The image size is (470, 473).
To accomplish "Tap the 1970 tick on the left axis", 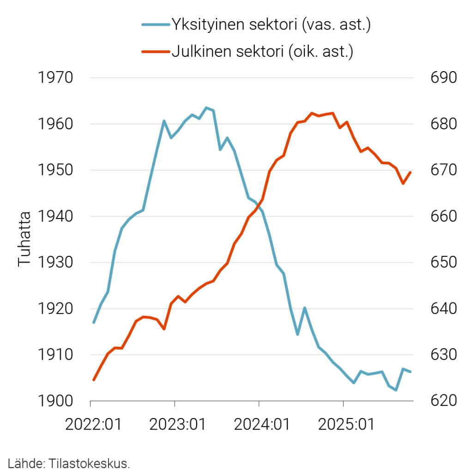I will pos(55,78).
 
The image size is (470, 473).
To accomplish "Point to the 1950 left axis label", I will pos(55,170).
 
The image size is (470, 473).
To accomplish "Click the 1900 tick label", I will pos(55,401).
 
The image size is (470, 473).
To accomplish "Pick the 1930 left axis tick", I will pos(55,262).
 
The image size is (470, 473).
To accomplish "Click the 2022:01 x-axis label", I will pos(94,424).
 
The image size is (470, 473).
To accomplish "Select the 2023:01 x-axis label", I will pos(178,424).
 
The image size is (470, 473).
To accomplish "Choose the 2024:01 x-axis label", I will pos(262,424).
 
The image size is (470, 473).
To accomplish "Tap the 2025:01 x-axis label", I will pos(346,424).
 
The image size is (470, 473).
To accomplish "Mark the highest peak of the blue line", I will pos(206,108).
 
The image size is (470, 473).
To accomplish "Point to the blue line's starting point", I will pos(94,322).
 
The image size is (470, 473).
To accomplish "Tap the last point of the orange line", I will pos(410,172).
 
